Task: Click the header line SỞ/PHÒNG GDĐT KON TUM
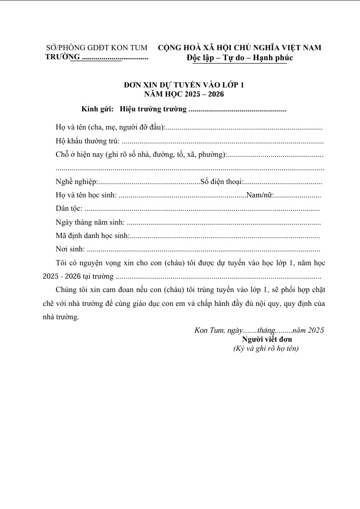pos(97,48)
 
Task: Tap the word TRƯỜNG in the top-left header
pos(62,57)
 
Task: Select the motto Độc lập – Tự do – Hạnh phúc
pos(240,58)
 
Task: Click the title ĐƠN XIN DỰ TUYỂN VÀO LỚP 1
pos(184,85)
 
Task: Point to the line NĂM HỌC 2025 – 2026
pos(184,94)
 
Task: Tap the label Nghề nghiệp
pos(76,182)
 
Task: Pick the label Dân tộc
pos(69,209)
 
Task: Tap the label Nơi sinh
pos(70,249)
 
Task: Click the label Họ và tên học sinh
pos(86,195)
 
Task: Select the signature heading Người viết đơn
pos(267,339)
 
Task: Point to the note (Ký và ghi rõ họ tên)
pos(266,348)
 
